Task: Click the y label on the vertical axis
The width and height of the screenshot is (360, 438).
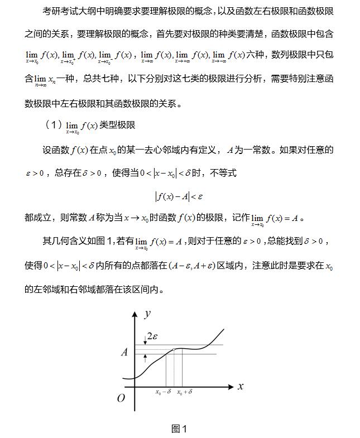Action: click(x=147, y=314)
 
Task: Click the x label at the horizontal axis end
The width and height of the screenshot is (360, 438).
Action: click(x=241, y=386)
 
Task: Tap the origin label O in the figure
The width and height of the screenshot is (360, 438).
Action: click(x=121, y=398)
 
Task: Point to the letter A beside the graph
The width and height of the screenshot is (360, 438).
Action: click(x=124, y=352)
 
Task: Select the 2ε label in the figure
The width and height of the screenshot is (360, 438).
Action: click(x=152, y=336)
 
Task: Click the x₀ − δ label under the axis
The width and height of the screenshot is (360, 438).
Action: click(x=163, y=392)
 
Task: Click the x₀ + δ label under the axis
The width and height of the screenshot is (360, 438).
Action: click(x=185, y=392)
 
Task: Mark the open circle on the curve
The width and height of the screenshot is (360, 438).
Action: click(x=174, y=350)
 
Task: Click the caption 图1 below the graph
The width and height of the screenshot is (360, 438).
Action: click(x=179, y=429)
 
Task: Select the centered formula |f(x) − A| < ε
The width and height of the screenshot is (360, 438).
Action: click(x=179, y=196)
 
